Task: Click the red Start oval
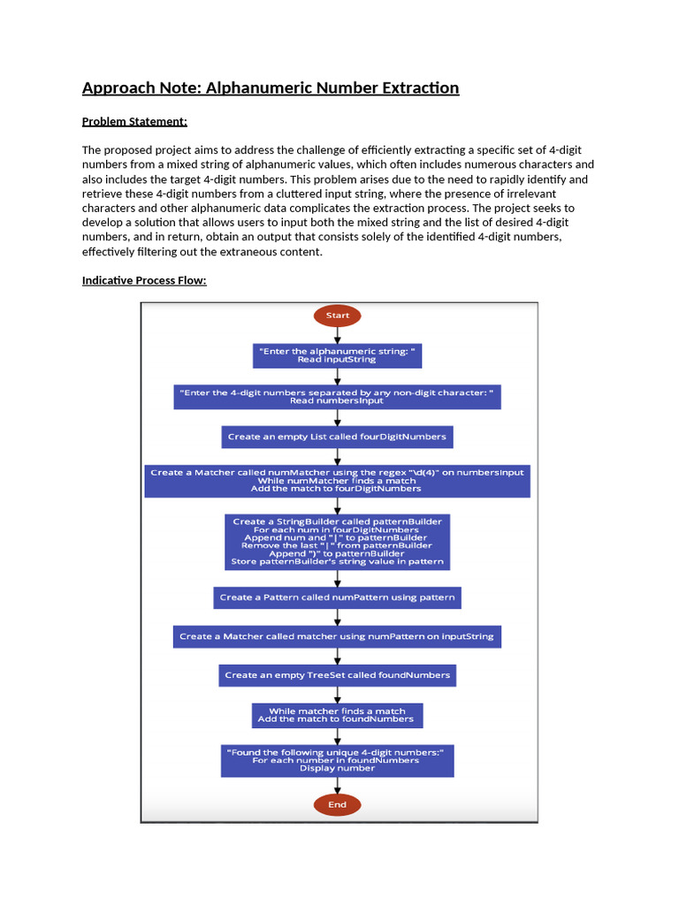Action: click(337, 315)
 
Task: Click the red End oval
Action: click(337, 804)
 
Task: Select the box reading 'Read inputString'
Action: click(337, 355)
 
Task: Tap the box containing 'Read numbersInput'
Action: click(337, 395)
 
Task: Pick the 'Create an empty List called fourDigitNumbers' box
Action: click(337, 437)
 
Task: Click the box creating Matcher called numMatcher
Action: click(337, 479)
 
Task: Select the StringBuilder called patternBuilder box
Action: click(337, 541)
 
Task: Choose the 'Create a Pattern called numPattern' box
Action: click(337, 597)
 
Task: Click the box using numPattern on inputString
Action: click(337, 636)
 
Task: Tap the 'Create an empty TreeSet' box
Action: click(337, 675)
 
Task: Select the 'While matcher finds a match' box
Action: click(337, 715)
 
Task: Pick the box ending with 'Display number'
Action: click(337, 760)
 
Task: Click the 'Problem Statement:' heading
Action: click(134, 122)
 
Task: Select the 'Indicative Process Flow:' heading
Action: click(145, 280)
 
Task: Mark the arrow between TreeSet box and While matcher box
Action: click(337, 695)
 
